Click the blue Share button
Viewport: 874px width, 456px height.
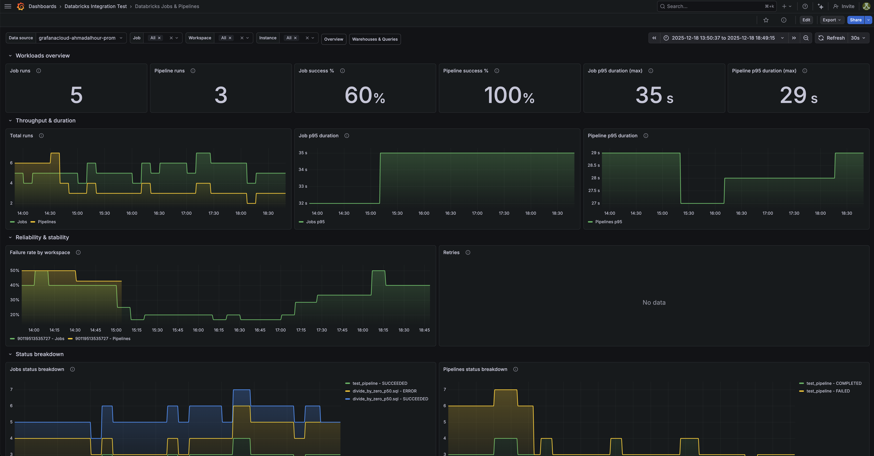855,20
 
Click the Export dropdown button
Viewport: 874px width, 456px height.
831,20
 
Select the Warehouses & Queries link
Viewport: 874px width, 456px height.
375,39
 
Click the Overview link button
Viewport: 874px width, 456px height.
333,39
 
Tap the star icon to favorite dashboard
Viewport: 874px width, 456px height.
766,20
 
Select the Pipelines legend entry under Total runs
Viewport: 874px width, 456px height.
46,222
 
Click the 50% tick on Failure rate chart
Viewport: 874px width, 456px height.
15,271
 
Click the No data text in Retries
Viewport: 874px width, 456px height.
654,302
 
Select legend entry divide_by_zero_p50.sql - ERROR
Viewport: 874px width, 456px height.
384,391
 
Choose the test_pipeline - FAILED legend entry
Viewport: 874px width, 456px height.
828,391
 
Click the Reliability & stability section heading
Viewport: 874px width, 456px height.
42,237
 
